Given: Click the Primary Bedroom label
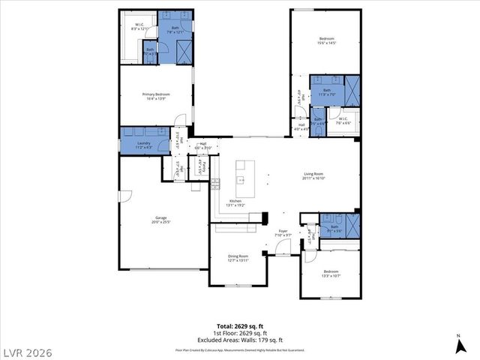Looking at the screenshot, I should click(157, 94).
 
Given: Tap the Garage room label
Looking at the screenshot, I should click(157, 219).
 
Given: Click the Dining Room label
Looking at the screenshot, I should click(238, 256).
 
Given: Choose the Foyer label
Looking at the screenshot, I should click(283, 231).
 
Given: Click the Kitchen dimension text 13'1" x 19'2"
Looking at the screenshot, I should click(235, 205).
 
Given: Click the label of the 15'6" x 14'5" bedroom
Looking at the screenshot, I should click(325, 40).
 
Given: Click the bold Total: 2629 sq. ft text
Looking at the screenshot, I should click(239, 326).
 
